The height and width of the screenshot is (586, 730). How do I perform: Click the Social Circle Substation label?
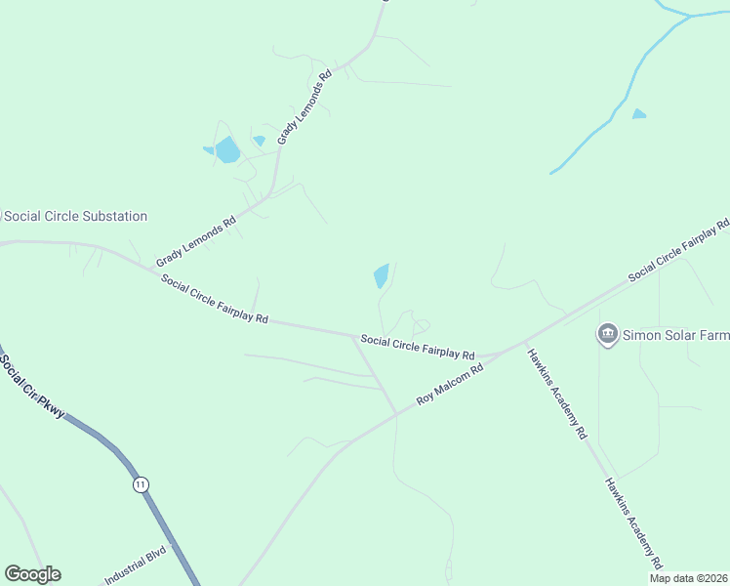click(76, 216)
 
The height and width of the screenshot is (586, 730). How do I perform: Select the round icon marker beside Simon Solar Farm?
click(608, 335)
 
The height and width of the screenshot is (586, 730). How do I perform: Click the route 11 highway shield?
click(142, 483)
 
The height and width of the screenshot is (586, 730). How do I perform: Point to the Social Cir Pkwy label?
click(32, 386)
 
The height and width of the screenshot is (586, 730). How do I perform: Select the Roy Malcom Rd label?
click(450, 385)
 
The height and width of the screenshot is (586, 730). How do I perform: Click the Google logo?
click(32, 574)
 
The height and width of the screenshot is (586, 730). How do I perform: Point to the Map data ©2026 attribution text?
click(687, 577)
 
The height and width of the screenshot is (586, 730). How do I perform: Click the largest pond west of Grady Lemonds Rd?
click(227, 149)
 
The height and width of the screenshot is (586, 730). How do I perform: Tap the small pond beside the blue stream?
click(639, 114)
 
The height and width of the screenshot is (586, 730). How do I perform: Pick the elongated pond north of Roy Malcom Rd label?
click(381, 275)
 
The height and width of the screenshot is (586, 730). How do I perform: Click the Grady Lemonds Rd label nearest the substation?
click(196, 240)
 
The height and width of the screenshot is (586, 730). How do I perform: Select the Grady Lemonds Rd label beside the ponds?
click(304, 106)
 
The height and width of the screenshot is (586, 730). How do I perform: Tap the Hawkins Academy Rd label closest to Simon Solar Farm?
click(556, 392)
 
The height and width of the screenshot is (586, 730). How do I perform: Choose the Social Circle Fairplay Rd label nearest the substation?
click(215, 298)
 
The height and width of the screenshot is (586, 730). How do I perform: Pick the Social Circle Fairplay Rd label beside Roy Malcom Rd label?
click(418, 347)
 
